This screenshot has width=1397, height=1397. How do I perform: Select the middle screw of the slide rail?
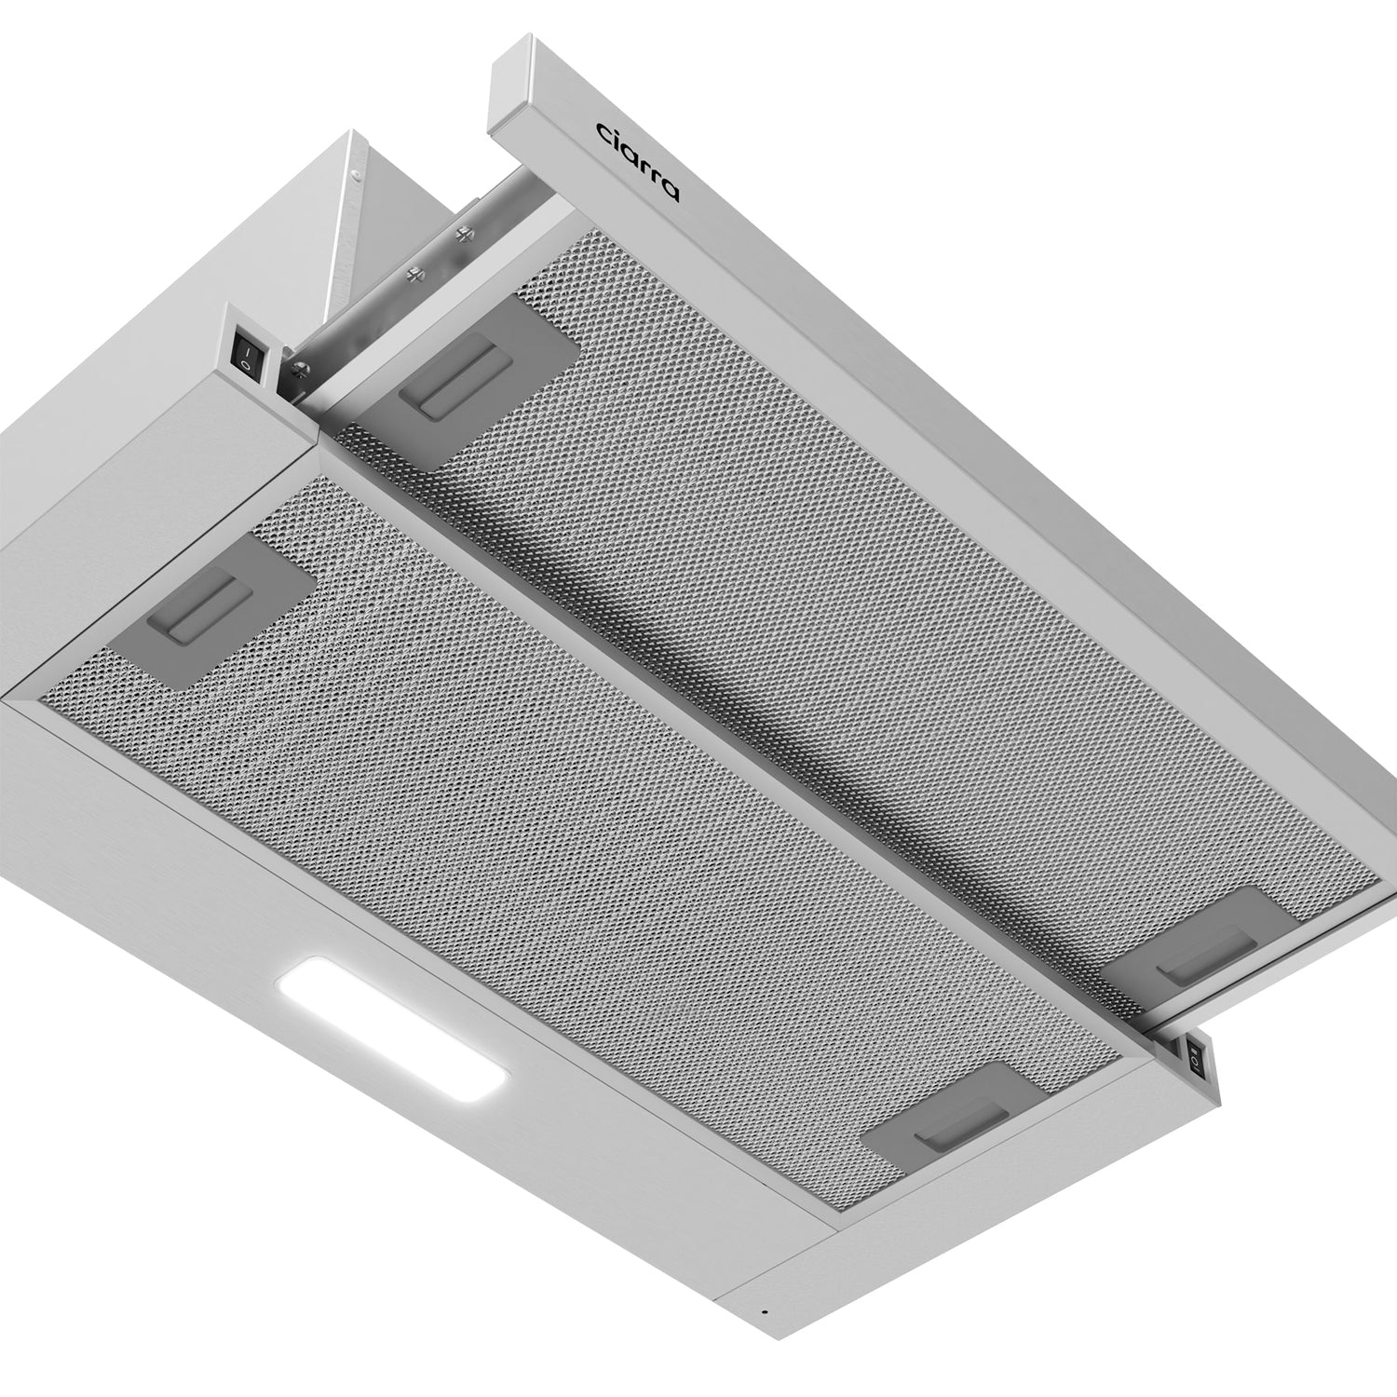coord(414,273)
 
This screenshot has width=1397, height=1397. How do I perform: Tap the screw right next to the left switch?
coord(300,368)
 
